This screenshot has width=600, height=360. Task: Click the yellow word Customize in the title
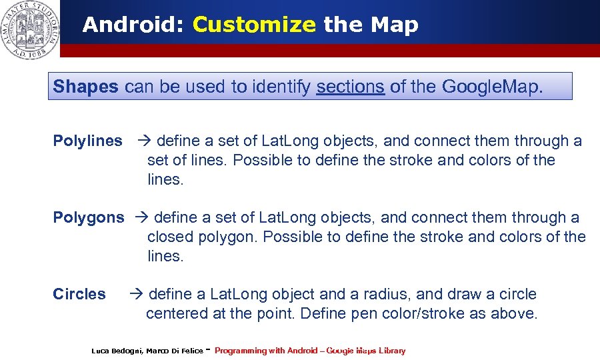[x=253, y=25]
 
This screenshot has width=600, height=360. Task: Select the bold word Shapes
[x=85, y=87]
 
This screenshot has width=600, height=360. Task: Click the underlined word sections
[x=350, y=87]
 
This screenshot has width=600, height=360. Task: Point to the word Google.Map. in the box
[x=492, y=87]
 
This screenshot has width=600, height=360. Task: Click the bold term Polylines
[x=87, y=141]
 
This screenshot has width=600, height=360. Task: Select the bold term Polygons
[x=88, y=218]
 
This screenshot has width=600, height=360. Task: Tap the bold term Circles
[x=79, y=294]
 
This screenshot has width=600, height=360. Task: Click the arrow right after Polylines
[x=144, y=141]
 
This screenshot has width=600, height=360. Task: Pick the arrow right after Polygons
[x=141, y=218]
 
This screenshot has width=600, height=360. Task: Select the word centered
[x=177, y=313]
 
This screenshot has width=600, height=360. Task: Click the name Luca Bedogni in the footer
[x=116, y=351]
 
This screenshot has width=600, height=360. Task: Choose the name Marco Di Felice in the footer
[x=175, y=351]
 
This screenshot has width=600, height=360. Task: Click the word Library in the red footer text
[x=391, y=351]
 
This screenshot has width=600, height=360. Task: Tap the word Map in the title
[x=394, y=25]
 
